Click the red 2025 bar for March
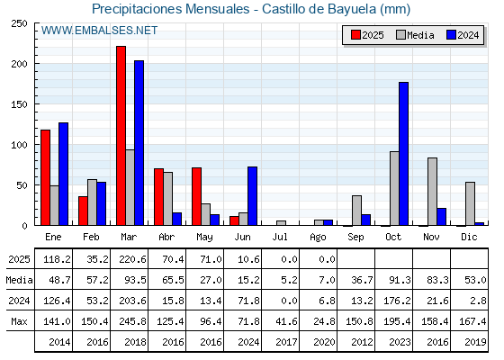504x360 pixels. click(x=121, y=136)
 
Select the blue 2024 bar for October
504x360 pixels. click(x=404, y=154)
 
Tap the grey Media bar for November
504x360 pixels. click(x=432, y=192)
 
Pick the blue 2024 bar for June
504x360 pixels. click(x=252, y=196)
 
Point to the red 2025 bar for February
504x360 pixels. click(x=83, y=211)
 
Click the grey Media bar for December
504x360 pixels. click(x=470, y=203)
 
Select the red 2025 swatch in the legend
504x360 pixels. click(x=355, y=35)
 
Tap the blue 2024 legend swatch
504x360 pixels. click(x=451, y=35)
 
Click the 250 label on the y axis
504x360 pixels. click(x=19, y=23)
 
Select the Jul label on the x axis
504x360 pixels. click(x=280, y=237)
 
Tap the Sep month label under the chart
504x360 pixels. click(x=355, y=237)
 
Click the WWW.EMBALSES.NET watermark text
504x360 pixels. click(x=99, y=31)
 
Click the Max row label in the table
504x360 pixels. click(x=19, y=321)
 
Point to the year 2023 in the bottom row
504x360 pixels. click(x=400, y=342)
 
